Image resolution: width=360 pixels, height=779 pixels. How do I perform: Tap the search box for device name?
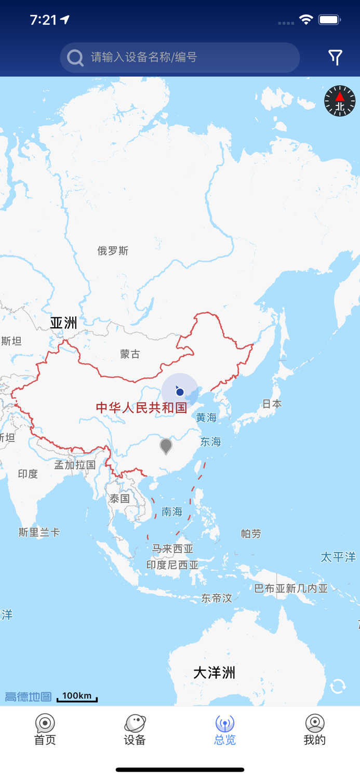(x=180, y=57)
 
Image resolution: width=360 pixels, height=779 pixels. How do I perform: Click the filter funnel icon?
(x=336, y=57)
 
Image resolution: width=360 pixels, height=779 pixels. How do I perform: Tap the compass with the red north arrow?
(x=340, y=101)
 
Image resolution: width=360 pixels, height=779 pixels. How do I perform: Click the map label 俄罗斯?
(x=113, y=251)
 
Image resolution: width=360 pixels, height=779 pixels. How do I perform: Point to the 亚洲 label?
(x=63, y=323)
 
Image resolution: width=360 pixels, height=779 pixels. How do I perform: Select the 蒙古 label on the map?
(x=130, y=354)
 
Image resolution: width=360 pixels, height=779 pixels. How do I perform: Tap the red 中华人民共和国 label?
(x=141, y=408)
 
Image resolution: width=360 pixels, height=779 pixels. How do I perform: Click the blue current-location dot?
(x=180, y=392)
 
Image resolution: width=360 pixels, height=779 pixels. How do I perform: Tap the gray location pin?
(x=166, y=446)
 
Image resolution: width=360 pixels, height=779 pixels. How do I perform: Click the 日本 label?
(x=272, y=404)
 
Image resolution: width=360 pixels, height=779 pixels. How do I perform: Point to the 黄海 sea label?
(x=206, y=418)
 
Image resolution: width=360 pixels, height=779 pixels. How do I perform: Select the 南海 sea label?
(x=172, y=512)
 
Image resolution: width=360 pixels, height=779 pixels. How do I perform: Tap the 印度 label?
(x=28, y=474)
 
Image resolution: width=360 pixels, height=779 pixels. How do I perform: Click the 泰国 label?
(x=119, y=499)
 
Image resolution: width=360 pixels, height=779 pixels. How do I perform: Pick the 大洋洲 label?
(x=214, y=673)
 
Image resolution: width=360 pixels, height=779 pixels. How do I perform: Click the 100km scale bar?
(x=77, y=697)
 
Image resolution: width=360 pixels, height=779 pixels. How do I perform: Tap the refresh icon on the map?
(x=338, y=687)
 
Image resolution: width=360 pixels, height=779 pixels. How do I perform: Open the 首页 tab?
(x=45, y=730)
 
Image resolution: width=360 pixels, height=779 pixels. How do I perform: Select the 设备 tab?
(x=135, y=730)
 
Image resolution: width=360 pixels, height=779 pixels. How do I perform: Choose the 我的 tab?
(x=314, y=730)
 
